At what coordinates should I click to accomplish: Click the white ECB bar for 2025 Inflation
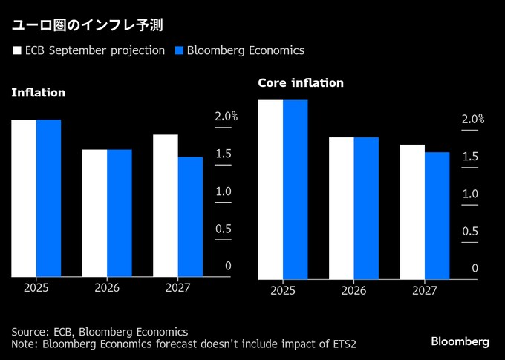point(23,197)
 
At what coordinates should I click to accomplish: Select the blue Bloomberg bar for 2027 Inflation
point(190,216)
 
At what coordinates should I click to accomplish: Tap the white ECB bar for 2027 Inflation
point(166,205)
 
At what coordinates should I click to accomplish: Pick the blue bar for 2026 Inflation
point(119,212)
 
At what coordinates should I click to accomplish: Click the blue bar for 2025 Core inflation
point(295,189)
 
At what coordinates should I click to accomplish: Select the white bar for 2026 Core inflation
point(341,208)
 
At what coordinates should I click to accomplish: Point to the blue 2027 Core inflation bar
point(437,215)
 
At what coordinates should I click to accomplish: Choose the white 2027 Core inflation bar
point(412,212)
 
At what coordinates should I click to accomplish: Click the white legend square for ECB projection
point(16,51)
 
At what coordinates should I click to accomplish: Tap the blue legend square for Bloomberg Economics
point(178,51)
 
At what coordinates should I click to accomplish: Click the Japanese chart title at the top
point(86,24)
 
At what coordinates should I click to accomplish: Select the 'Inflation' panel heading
point(38,93)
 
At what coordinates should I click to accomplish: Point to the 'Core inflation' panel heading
point(301,83)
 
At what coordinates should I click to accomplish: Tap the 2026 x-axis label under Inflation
point(107,287)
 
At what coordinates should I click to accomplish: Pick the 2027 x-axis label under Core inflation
point(425,290)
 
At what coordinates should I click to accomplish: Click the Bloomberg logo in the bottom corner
point(460,341)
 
